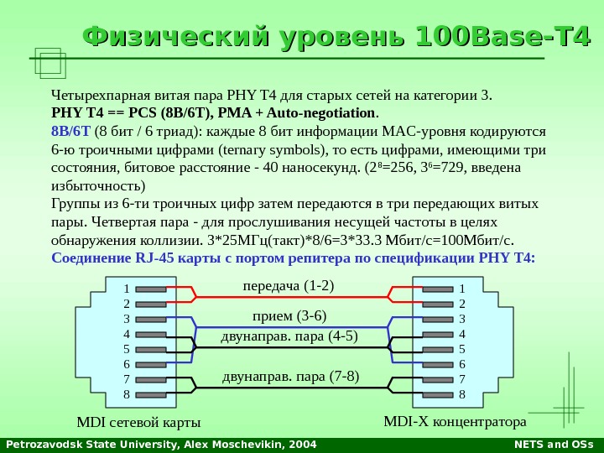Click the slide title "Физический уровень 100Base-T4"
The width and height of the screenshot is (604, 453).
click(336, 39)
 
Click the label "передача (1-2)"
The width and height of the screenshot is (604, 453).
click(288, 286)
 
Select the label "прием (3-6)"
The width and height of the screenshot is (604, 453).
click(289, 316)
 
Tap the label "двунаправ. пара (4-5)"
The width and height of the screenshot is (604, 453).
click(289, 337)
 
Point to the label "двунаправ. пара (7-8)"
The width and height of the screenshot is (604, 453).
click(290, 377)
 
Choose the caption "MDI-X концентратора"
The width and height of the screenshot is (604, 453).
click(455, 419)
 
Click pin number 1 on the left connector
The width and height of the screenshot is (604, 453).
click(127, 289)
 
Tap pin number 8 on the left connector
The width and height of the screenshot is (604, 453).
click(127, 394)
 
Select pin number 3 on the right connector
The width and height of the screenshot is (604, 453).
click(461, 319)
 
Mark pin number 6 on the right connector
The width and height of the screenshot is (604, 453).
click(461, 364)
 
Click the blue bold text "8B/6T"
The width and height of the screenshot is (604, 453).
click(70, 131)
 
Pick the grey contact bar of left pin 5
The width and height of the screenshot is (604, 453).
click(150, 349)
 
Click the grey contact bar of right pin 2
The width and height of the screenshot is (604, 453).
click(437, 304)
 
